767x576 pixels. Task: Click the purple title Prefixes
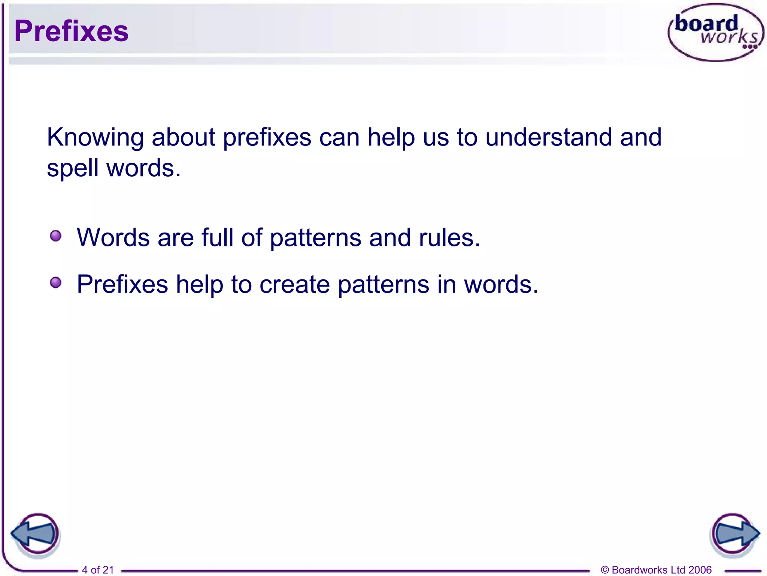tap(71, 31)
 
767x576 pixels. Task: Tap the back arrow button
tap(36, 534)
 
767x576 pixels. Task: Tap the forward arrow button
tap(734, 534)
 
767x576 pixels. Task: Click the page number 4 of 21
tap(97, 570)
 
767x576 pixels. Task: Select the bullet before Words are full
tap(56, 236)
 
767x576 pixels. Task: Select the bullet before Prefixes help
tap(56, 282)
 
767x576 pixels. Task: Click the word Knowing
tap(95, 138)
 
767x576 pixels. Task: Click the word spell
tap(73, 168)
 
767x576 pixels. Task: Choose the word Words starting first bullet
tap(113, 238)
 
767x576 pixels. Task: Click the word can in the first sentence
tap(339, 138)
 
